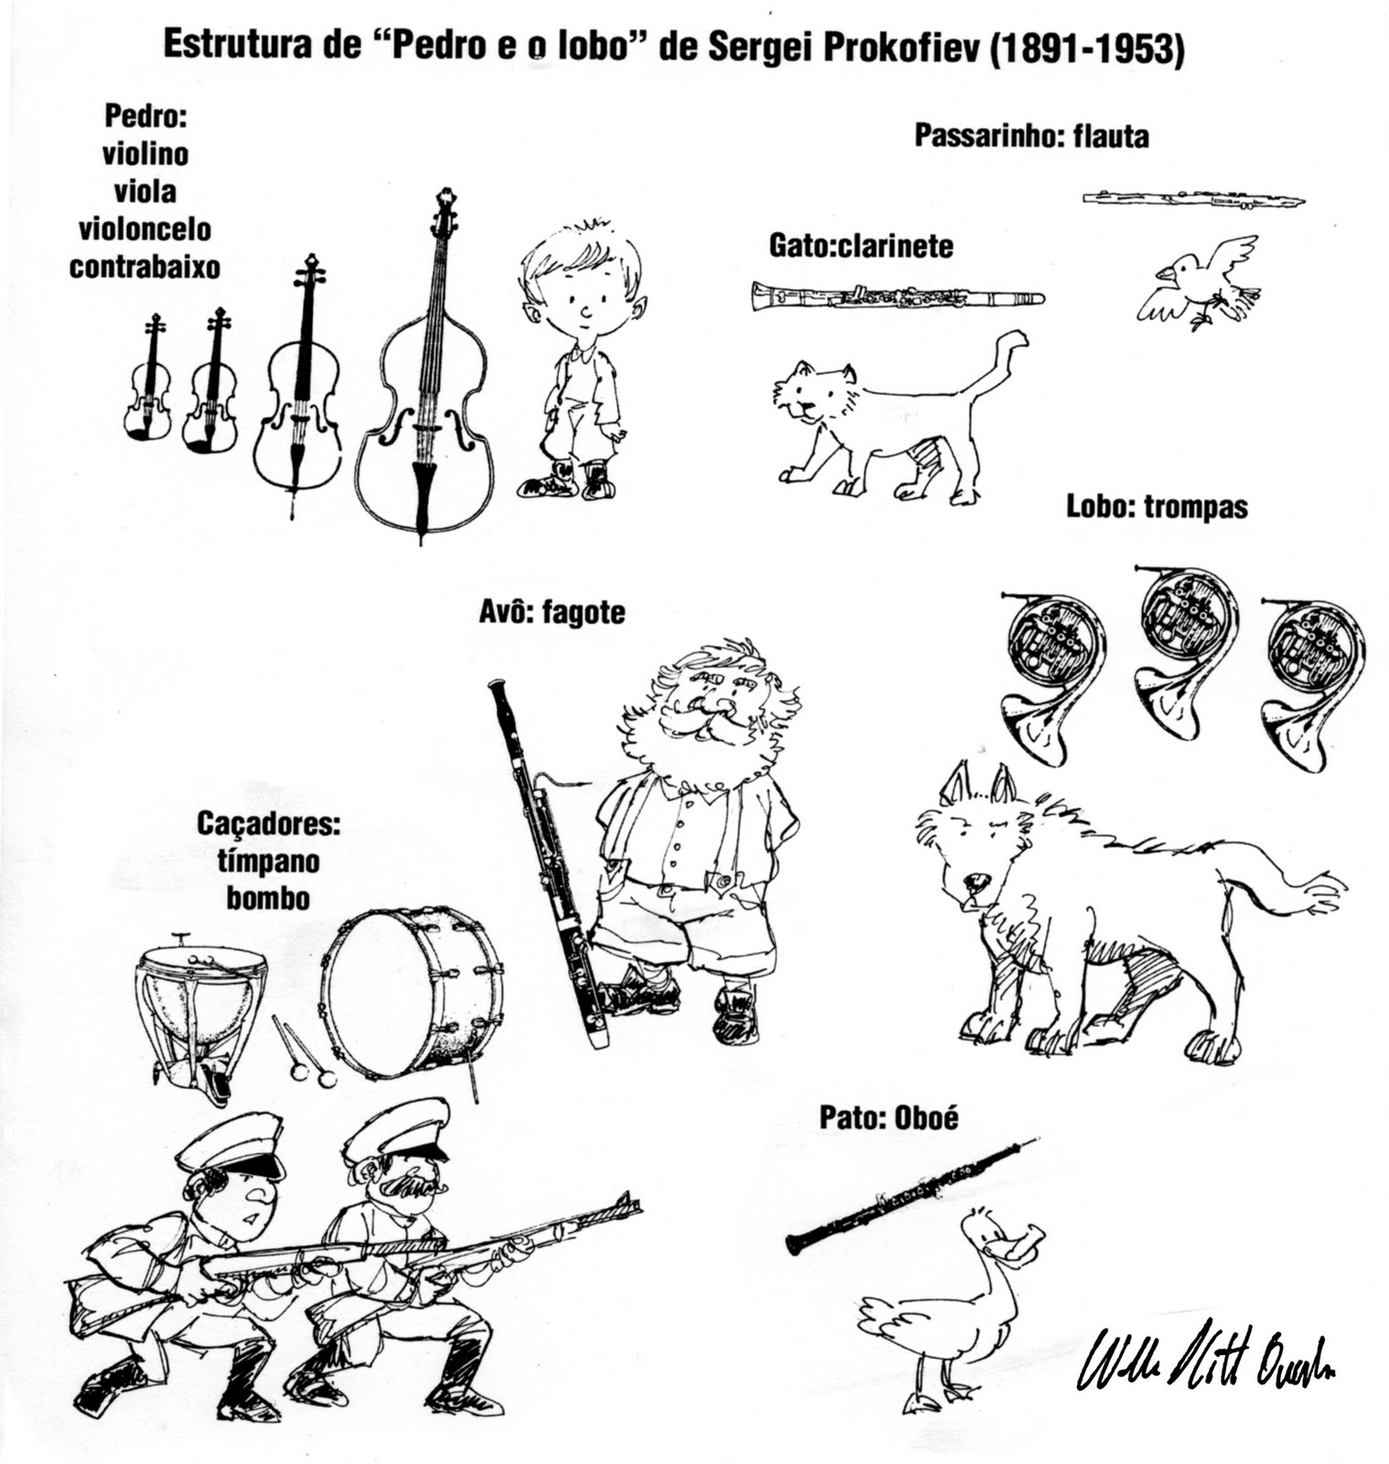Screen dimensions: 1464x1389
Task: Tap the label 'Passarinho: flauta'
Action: point(1031,136)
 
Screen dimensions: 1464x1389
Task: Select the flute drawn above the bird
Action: point(1193,199)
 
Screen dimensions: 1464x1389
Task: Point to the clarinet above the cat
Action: point(897,296)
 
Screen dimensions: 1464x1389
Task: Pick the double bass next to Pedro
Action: point(425,384)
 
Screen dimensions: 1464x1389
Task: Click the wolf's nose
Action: point(975,882)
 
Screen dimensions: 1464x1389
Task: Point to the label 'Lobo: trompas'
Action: point(1157,506)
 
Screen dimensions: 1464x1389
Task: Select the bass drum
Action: point(412,993)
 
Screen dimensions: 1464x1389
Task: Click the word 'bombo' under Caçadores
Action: point(268,898)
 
